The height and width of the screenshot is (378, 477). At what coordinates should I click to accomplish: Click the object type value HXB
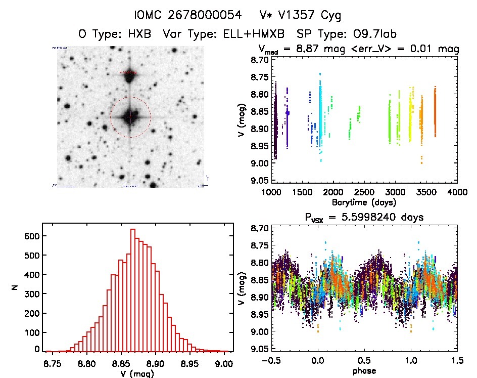click(x=141, y=35)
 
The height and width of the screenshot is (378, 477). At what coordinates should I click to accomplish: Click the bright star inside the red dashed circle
click(x=130, y=116)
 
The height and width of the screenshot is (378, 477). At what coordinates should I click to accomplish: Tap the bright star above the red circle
click(x=130, y=74)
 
